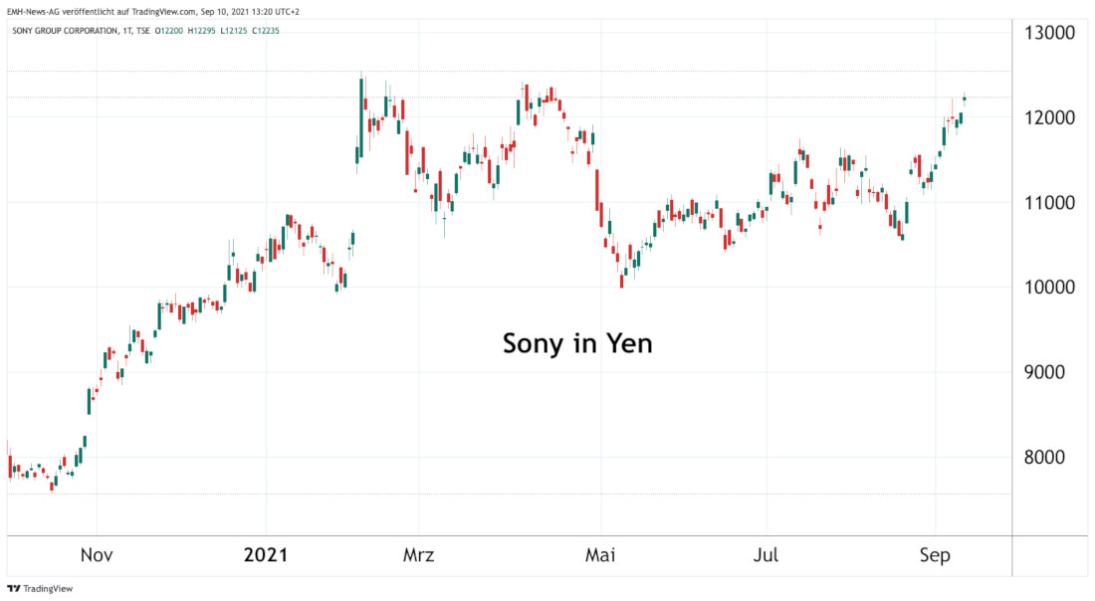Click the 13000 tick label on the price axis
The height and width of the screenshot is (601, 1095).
(x=1049, y=33)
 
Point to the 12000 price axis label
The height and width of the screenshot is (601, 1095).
(x=1049, y=117)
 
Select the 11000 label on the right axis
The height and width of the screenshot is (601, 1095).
(x=1049, y=203)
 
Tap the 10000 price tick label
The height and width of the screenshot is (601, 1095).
(x=1049, y=288)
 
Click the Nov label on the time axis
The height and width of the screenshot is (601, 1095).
(x=97, y=555)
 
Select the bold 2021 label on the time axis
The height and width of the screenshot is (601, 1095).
(x=266, y=555)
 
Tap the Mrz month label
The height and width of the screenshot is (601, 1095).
(x=419, y=555)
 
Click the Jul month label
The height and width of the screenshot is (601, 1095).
(x=766, y=555)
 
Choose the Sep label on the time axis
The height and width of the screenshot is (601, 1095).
(x=935, y=555)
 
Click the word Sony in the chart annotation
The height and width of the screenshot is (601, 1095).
(x=535, y=344)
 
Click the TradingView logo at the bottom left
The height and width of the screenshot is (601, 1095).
(x=40, y=588)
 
